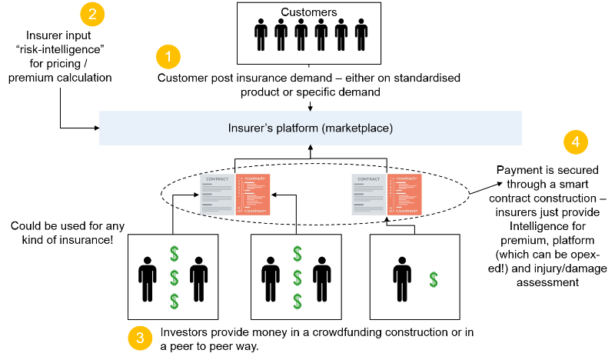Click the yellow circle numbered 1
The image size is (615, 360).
point(168,57)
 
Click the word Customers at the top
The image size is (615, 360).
point(308,12)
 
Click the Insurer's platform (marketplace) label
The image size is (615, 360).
point(310,128)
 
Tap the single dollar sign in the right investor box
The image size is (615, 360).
point(434,279)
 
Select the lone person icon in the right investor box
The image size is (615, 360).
point(400,273)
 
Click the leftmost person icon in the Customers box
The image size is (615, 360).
point(261,35)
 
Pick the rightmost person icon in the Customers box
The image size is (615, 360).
point(361,35)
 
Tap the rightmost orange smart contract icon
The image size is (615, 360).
point(403,193)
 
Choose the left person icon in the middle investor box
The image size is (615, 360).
point(270,273)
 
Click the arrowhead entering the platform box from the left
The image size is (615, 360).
point(98,127)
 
